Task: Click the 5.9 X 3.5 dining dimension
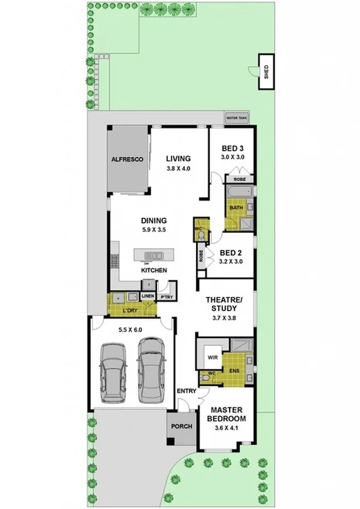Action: pos(154,230)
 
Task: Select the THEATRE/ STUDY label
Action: pos(224,304)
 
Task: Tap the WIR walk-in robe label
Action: pos(211,357)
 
